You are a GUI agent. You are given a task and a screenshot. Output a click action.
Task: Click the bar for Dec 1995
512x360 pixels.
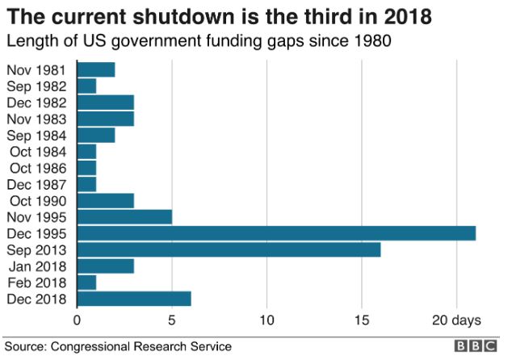276,233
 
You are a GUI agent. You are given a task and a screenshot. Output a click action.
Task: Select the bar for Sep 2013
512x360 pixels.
229,249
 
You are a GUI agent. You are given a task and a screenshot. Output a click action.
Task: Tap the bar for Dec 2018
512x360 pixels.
134,299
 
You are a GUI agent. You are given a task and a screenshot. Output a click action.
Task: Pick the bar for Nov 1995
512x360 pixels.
124,216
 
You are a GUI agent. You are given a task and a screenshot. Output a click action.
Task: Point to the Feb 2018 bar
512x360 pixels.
86,283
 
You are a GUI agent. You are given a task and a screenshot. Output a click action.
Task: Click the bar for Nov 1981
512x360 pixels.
96,69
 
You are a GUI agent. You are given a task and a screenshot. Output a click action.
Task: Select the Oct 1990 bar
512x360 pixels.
105,200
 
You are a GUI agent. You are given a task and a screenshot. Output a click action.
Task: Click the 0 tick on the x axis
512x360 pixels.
78,320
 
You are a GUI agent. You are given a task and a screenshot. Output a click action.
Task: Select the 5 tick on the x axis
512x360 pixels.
172,320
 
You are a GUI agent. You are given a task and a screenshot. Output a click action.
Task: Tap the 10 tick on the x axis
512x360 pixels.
266,320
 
